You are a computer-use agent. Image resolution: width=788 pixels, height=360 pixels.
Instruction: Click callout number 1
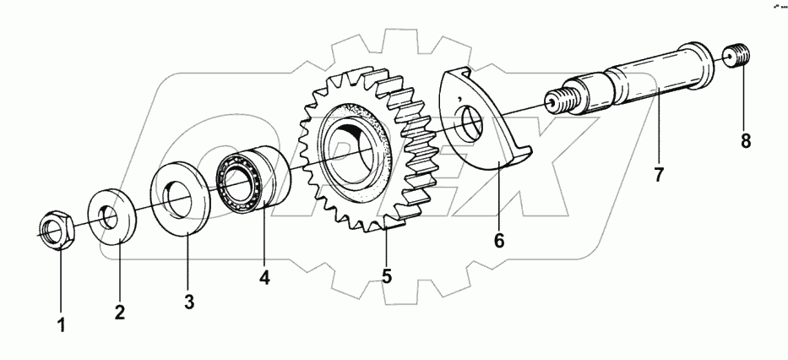60,325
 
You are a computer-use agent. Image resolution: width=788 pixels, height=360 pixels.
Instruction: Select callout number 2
119,312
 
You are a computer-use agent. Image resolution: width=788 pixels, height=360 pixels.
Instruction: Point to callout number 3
189,301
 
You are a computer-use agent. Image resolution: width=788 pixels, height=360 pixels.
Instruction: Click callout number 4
264,276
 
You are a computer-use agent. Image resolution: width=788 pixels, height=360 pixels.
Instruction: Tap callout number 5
386,275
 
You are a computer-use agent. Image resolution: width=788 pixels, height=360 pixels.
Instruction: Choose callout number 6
498,241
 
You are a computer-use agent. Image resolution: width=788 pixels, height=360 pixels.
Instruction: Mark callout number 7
659,175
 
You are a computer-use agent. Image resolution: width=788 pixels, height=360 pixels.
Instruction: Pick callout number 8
746,141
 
